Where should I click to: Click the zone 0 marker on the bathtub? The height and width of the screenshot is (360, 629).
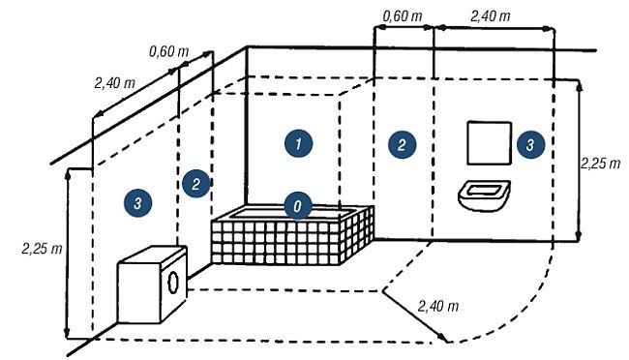298,206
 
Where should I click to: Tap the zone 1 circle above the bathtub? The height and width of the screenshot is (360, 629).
298,143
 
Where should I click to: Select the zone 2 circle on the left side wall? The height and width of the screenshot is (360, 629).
196,184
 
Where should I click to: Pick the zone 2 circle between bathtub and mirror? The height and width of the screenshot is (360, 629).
402,144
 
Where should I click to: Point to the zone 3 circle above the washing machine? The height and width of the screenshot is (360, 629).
137,202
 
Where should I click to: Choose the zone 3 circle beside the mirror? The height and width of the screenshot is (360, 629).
530,144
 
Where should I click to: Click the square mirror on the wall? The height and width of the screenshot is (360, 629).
490,143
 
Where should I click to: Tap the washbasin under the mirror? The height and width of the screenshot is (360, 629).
484,195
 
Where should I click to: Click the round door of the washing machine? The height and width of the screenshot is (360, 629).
173,283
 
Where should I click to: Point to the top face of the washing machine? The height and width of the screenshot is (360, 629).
153,255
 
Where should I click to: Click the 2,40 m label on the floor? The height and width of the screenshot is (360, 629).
438,307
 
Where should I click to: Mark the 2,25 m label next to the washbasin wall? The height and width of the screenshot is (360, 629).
601,164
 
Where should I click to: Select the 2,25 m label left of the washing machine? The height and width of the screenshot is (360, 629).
43,249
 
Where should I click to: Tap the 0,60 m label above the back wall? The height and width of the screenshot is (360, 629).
403,16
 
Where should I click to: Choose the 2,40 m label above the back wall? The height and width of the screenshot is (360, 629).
491,16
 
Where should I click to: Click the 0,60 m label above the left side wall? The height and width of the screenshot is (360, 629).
169,51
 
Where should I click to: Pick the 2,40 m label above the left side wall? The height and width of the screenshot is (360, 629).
115,83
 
